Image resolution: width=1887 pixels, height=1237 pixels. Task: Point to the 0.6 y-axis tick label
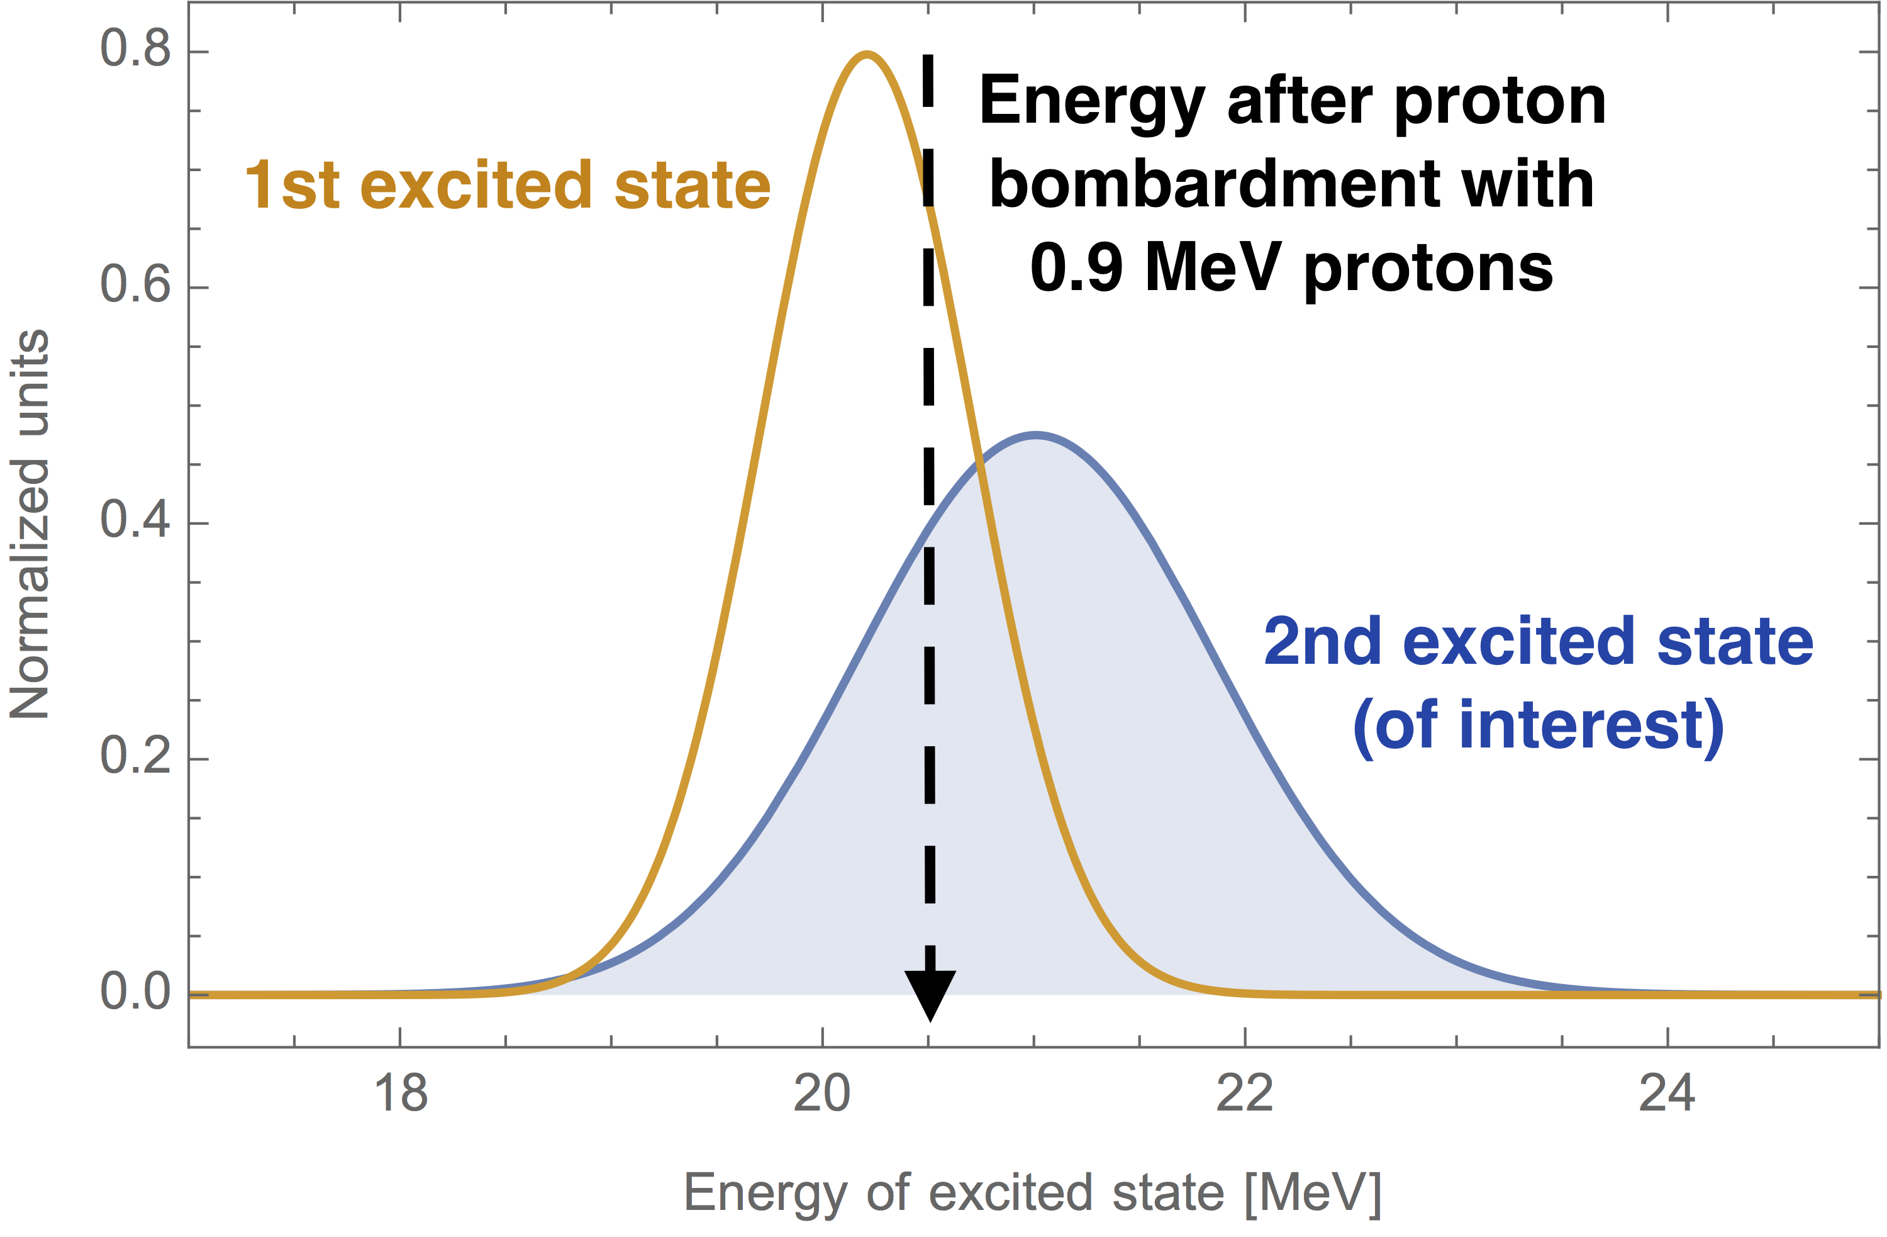point(135,284)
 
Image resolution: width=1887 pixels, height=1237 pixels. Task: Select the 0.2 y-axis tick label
point(135,755)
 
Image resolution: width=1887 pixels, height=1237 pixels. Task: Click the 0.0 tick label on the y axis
point(135,991)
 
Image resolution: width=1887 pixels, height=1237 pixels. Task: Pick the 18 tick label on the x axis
point(401,1093)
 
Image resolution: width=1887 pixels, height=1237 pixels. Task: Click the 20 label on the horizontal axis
point(822,1093)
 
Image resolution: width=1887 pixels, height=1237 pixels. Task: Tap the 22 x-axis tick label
point(1245,1093)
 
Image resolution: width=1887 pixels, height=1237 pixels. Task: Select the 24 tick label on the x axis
point(1667,1093)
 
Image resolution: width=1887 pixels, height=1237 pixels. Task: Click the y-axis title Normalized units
point(30,523)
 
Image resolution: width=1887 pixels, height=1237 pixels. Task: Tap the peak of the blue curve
point(1035,435)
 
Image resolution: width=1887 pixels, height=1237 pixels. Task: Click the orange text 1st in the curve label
point(292,186)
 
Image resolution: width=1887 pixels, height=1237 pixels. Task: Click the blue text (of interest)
point(1538,725)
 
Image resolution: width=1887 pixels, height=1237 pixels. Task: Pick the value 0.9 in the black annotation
point(1076,268)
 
